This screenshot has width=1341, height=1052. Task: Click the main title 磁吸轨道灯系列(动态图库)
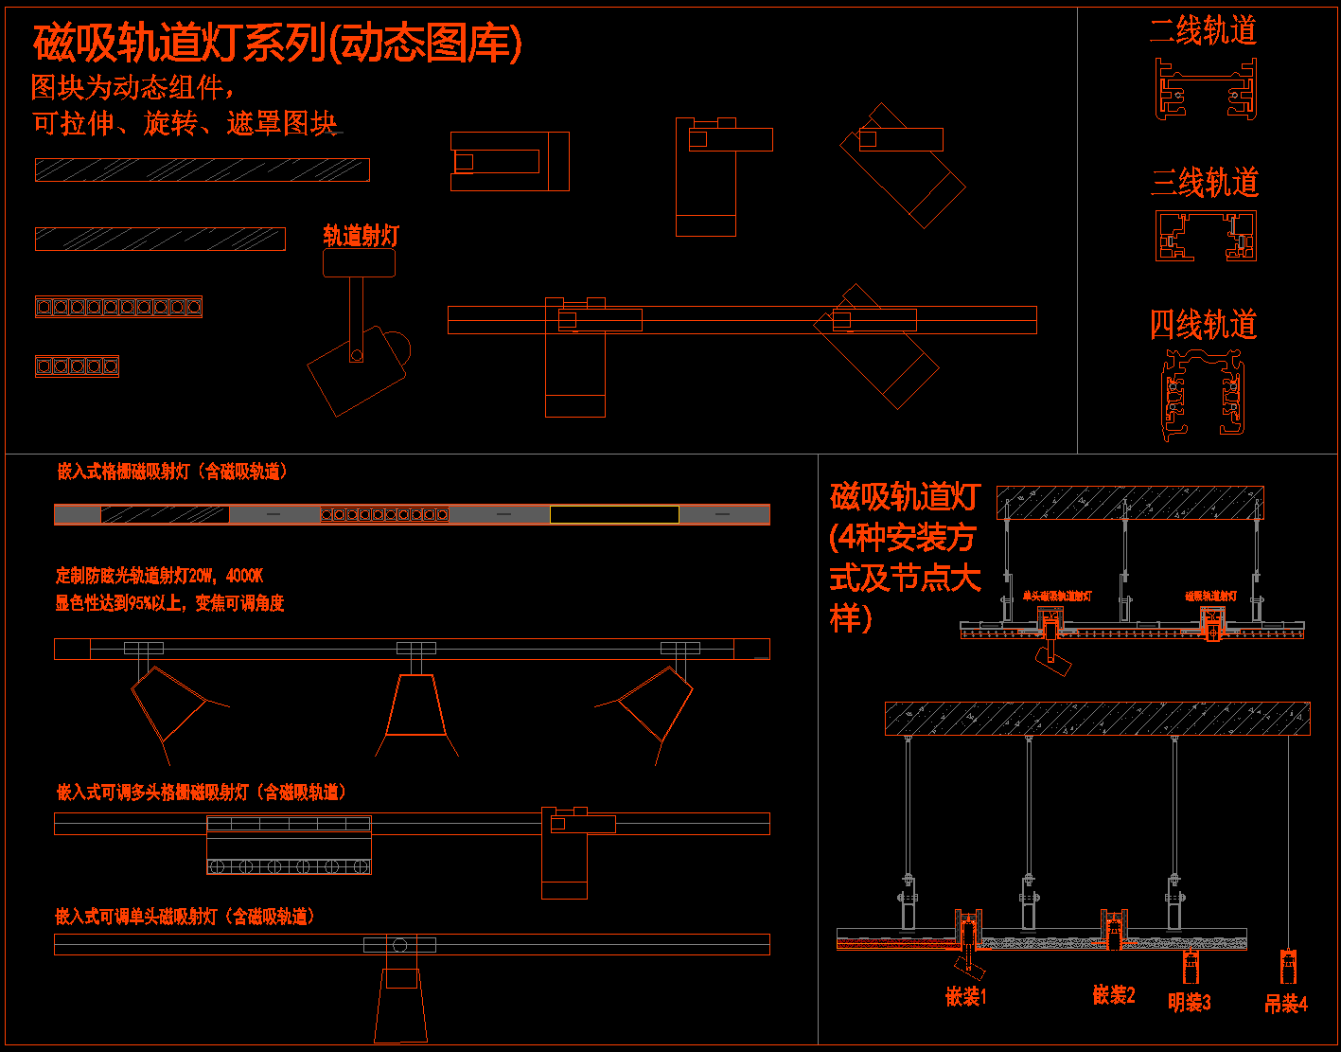(277, 44)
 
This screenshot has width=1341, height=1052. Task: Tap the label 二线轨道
(1203, 30)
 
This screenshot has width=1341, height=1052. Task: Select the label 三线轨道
(1204, 182)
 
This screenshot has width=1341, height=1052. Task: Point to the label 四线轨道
(1203, 325)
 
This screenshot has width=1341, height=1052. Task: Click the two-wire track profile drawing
(1206, 89)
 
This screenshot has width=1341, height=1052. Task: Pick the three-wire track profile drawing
(1206, 236)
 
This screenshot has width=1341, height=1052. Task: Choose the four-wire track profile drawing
(1204, 396)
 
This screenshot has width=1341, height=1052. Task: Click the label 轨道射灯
(361, 236)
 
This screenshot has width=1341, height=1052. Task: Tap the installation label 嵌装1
(966, 996)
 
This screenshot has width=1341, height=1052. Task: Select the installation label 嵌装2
(1114, 994)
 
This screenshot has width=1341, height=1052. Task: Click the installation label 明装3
(1190, 1002)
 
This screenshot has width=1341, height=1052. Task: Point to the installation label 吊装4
(1286, 1003)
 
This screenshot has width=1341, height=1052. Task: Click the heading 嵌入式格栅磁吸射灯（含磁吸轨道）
(172, 472)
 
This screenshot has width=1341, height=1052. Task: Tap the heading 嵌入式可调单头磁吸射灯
(185, 917)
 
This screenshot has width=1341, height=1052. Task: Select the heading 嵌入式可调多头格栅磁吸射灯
(202, 792)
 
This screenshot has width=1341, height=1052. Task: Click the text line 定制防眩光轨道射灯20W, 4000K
(159, 576)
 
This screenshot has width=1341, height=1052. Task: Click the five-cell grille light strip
(77, 366)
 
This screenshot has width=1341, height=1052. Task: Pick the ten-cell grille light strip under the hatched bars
(118, 307)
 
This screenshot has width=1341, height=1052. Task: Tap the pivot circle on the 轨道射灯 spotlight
(356, 356)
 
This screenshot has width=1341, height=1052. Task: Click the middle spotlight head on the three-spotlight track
(415, 705)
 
